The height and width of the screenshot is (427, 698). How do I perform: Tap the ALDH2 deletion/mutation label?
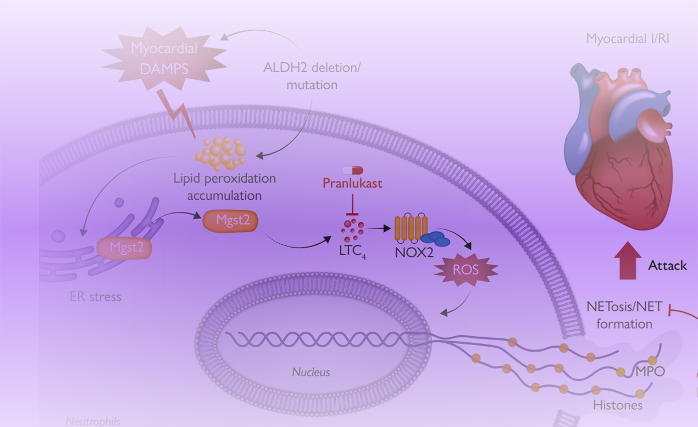[312, 76]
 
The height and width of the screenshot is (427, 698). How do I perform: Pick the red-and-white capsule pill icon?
[353, 169]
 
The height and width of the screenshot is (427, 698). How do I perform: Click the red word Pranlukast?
[353, 183]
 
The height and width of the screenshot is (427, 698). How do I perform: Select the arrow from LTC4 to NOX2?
[380, 226]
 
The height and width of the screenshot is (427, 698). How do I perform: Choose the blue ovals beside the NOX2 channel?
[436, 238]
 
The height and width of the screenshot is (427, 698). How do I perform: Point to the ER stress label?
[95, 297]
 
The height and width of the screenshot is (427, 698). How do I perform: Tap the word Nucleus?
[311, 373]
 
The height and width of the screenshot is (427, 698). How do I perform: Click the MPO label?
[650, 372]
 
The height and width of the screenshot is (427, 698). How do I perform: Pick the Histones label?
[618, 406]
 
